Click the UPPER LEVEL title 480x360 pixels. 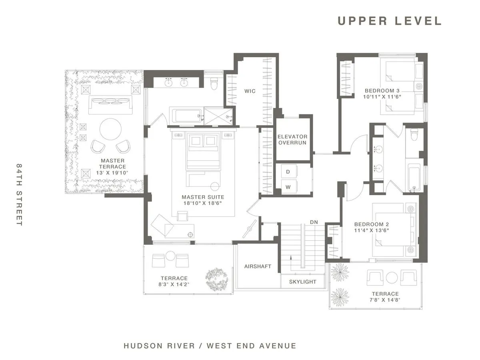[389, 21]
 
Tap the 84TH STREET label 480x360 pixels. [19, 194]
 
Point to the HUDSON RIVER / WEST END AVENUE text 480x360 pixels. [210, 346]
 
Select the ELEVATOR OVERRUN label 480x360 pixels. [292, 140]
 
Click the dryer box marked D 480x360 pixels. [288, 172]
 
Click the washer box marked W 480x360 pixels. [288, 186]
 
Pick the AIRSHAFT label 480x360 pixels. [258, 266]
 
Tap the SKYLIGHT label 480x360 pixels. [303, 282]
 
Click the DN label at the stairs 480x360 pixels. [314, 222]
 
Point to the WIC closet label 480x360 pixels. [250, 91]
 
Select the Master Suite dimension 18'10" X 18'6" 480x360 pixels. [203, 203]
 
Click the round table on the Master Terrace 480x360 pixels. [110, 129]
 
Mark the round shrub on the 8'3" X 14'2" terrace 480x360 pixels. [216, 277]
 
